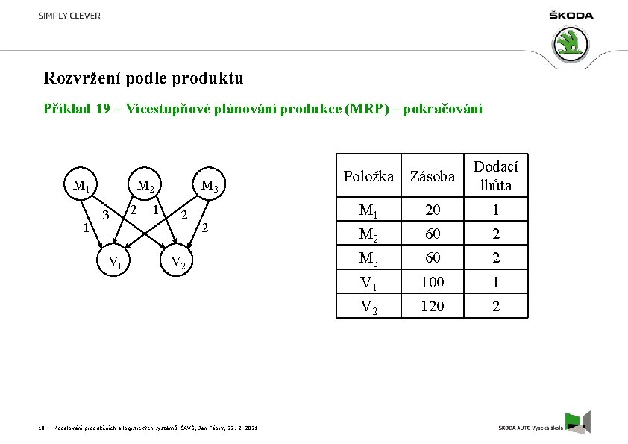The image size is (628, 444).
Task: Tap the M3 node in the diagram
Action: tap(210, 187)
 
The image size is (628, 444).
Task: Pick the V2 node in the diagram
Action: tap(179, 262)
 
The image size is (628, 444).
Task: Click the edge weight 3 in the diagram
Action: tap(107, 216)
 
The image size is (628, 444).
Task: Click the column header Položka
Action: tap(368, 177)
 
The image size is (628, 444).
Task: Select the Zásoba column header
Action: tap(433, 177)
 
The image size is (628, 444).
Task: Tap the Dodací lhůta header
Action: tap(496, 176)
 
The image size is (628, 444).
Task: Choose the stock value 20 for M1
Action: tap(433, 210)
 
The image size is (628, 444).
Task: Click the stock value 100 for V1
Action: tap(433, 282)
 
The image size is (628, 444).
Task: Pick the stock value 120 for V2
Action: tap(433, 306)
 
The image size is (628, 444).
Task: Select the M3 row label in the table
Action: tap(368, 258)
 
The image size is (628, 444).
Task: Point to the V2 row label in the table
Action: tap(368, 306)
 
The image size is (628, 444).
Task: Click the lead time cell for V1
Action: tap(496, 282)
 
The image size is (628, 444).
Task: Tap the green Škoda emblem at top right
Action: tap(571, 44)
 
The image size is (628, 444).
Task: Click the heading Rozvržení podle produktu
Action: tap(143, 78)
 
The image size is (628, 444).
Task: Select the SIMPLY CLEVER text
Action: tap(69, 16)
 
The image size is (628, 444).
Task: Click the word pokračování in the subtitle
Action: tap(442, 109)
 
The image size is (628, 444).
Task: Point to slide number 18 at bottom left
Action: tap(41, 428)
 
